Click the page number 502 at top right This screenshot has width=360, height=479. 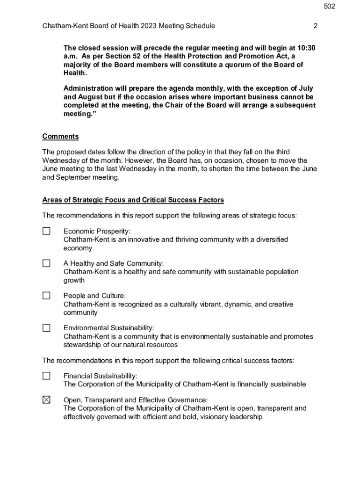click(x=329, y=7)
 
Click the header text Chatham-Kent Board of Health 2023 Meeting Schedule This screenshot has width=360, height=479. click(x=129, y=26)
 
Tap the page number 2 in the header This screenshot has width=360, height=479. click(x=315, y=26)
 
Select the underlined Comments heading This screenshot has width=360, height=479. click(x=60, y=137)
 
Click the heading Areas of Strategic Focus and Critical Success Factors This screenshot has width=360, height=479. click(x=133, y=200)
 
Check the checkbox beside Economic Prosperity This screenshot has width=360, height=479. click(x=46, y=231)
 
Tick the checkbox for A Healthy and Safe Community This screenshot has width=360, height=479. click(x=46, y=263)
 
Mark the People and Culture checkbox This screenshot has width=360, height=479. click(x=46, y=296)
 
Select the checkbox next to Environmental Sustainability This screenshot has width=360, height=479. click(x=46, y=328)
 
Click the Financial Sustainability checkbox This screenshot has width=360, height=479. click(x=46, y=376)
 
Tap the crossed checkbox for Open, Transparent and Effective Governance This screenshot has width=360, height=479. click(x=46, y=400)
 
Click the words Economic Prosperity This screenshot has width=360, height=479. click(x=96, y=231)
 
